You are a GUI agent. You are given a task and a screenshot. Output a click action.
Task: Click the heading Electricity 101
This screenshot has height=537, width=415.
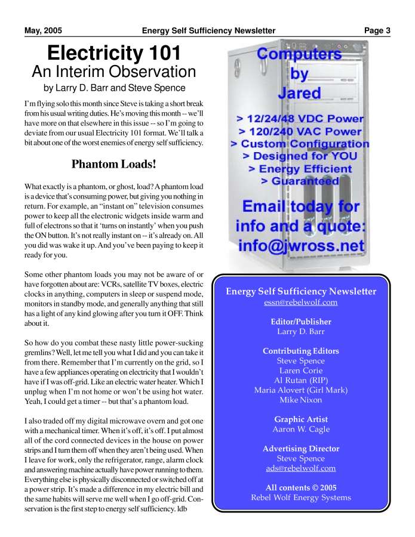coord(113,53)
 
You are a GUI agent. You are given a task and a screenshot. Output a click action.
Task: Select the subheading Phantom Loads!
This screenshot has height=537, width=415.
coord(114,163)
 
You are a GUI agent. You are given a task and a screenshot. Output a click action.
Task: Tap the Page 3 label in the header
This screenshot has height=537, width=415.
coord(377,30)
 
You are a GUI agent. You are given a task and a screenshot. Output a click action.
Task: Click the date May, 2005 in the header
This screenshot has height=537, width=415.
coord(43,30)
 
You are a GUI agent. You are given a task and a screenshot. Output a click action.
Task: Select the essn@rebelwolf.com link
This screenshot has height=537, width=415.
coord(300,302)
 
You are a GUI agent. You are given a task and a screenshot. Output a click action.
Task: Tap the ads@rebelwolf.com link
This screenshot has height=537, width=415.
coord(300,468)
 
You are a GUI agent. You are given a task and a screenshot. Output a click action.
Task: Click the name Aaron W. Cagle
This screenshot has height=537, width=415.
coord(300,429)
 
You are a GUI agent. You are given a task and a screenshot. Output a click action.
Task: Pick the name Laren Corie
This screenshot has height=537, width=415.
coord(300,371)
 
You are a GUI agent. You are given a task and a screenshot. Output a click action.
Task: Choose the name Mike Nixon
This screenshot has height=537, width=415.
coord(300,400)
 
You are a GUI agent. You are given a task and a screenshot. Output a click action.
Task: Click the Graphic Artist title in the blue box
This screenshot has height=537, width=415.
coord(300,419)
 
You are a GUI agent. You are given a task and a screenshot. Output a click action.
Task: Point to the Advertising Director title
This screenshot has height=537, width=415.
coord(300,449)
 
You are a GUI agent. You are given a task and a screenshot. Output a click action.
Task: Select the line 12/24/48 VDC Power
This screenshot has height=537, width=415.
coord(300,119)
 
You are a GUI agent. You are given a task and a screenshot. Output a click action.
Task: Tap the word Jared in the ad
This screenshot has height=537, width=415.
coord(299,92)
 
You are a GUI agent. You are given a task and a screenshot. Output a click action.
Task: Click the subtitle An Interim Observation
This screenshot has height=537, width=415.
coord(113,72)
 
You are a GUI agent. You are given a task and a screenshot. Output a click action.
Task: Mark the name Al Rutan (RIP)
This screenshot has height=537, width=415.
coord(300,380)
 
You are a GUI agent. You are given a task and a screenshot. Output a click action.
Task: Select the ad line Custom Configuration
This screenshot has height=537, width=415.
coord(300,144)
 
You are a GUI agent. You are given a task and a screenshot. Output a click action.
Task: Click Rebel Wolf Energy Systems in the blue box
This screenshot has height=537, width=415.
coord(300,498)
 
